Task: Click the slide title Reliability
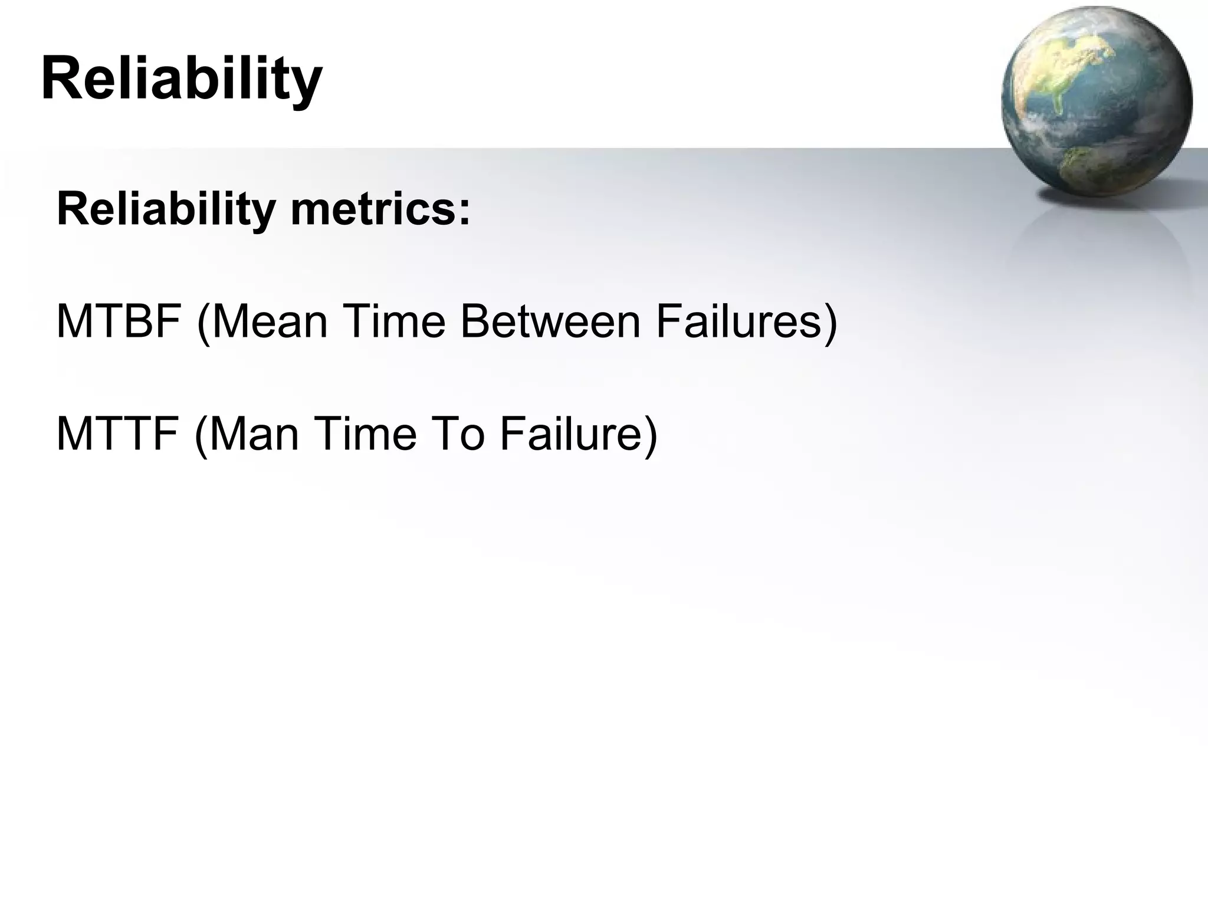[x=182, y=78]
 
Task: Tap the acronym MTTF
[x=117, y=434]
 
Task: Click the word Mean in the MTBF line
[x=269, y=321]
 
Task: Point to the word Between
[x=550, y=321]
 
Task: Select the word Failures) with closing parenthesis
[x=746, y=321]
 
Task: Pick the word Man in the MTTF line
[x=254, y=434]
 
